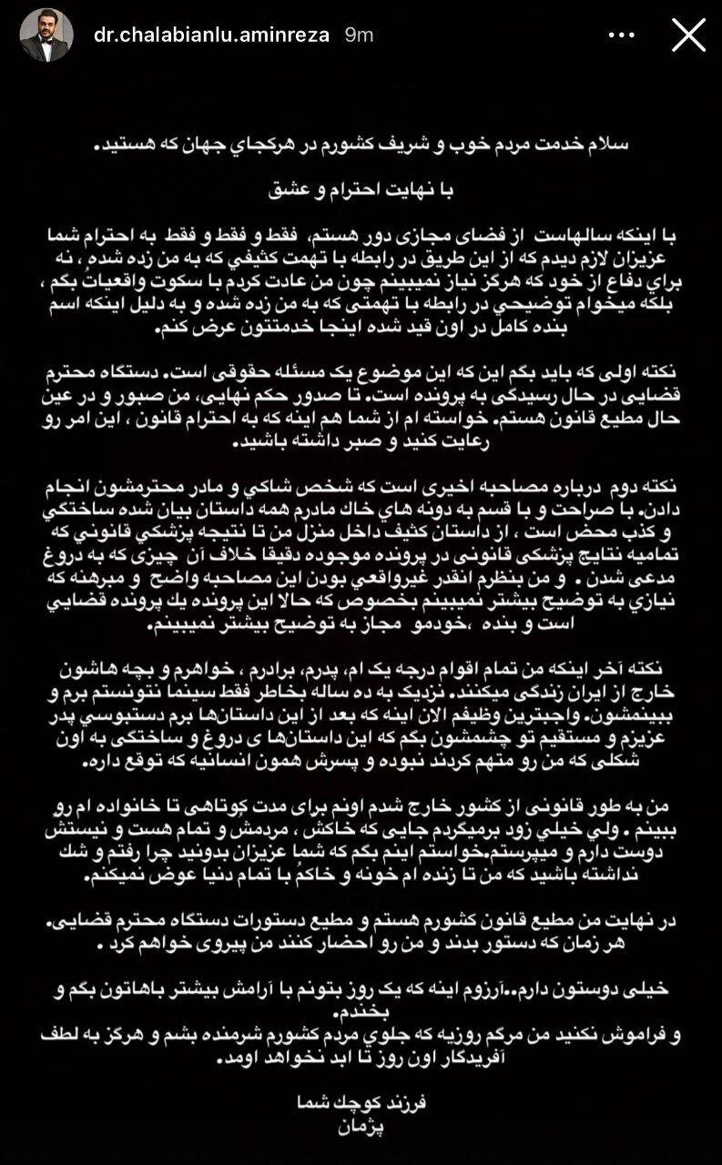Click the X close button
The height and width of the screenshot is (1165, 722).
click(687, 35)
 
